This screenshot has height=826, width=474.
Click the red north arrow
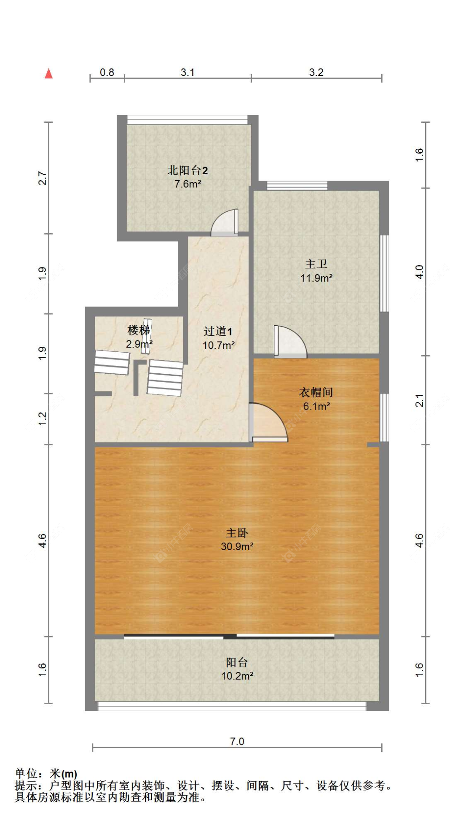click(x=49, y=74)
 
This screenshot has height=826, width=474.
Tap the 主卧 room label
click(x=237, y=533)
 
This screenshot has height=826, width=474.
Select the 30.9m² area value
click(x=237, y=547)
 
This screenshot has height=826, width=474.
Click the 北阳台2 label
click(x=187, y=170)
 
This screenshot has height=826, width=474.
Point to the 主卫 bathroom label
click(x=316, y=264)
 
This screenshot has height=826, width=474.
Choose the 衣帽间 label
click(x=316, y=392)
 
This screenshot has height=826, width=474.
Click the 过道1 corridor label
click(x=218, y=332)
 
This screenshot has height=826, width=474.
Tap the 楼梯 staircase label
click(x=139, y=330)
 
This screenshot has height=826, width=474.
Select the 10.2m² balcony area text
click(x=237, y=676)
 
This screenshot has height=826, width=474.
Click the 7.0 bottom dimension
click(x=237, y=741)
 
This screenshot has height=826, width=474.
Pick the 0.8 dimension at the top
click(x=107, y=73)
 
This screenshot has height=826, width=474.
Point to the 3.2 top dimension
click(x=316, y=73)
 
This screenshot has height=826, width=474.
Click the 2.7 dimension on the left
click(x=42, y=178)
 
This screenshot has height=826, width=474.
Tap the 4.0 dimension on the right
click(x=419, y=272)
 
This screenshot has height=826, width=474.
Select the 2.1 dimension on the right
click(x=419, y=400)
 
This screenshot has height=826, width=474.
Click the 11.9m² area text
click(x=316, y=278)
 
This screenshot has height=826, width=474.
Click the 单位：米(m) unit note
click(x=46, y=774)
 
